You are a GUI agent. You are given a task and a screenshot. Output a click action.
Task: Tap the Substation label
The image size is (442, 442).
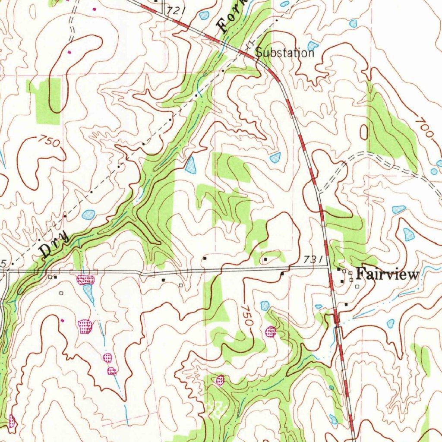click(284, 53)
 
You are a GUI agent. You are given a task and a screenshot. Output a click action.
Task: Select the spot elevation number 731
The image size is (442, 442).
click(313, 259)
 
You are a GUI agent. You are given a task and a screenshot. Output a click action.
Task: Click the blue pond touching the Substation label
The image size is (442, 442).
click(313, 45)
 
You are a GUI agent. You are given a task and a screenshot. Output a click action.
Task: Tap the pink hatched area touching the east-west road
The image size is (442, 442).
click(85, 280)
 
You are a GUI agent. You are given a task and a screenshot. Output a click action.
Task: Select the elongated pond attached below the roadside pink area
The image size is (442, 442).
click(89, 293)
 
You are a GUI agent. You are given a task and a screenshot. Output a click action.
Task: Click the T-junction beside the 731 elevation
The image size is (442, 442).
click(328, 266)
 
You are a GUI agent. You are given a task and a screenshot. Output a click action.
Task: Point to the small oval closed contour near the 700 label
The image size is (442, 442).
click(364, 132)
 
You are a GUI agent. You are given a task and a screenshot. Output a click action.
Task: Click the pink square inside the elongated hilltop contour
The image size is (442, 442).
click(69, 52)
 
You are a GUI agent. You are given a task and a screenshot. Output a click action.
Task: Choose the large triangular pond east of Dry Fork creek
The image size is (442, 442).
click(190, 165)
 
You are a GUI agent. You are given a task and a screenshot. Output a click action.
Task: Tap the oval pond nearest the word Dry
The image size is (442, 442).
click(88, 214)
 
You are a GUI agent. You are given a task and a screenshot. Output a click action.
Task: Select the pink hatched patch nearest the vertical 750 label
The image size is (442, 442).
click(271, 331)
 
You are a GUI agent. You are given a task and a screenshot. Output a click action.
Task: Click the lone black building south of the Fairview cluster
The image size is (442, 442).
click(346, 304)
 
